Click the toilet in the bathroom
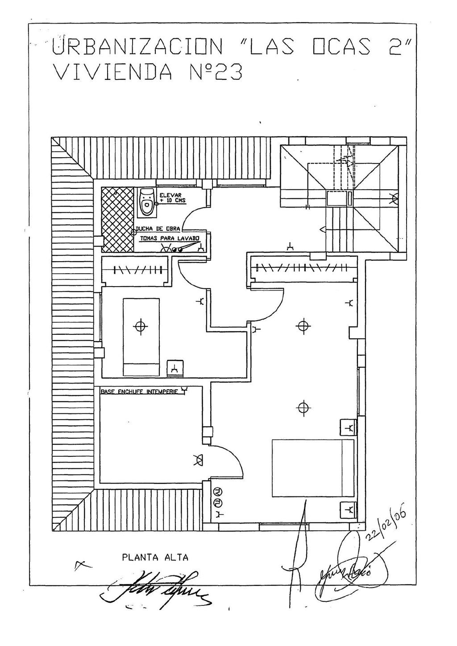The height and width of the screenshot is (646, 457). click(146, 202)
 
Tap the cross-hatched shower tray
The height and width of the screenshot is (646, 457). click(117, 220)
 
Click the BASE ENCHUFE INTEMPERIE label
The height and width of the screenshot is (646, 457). click(139, 392)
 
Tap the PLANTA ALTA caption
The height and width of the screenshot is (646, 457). click(155, 557)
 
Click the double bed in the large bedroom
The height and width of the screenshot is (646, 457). click(313, 468)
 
